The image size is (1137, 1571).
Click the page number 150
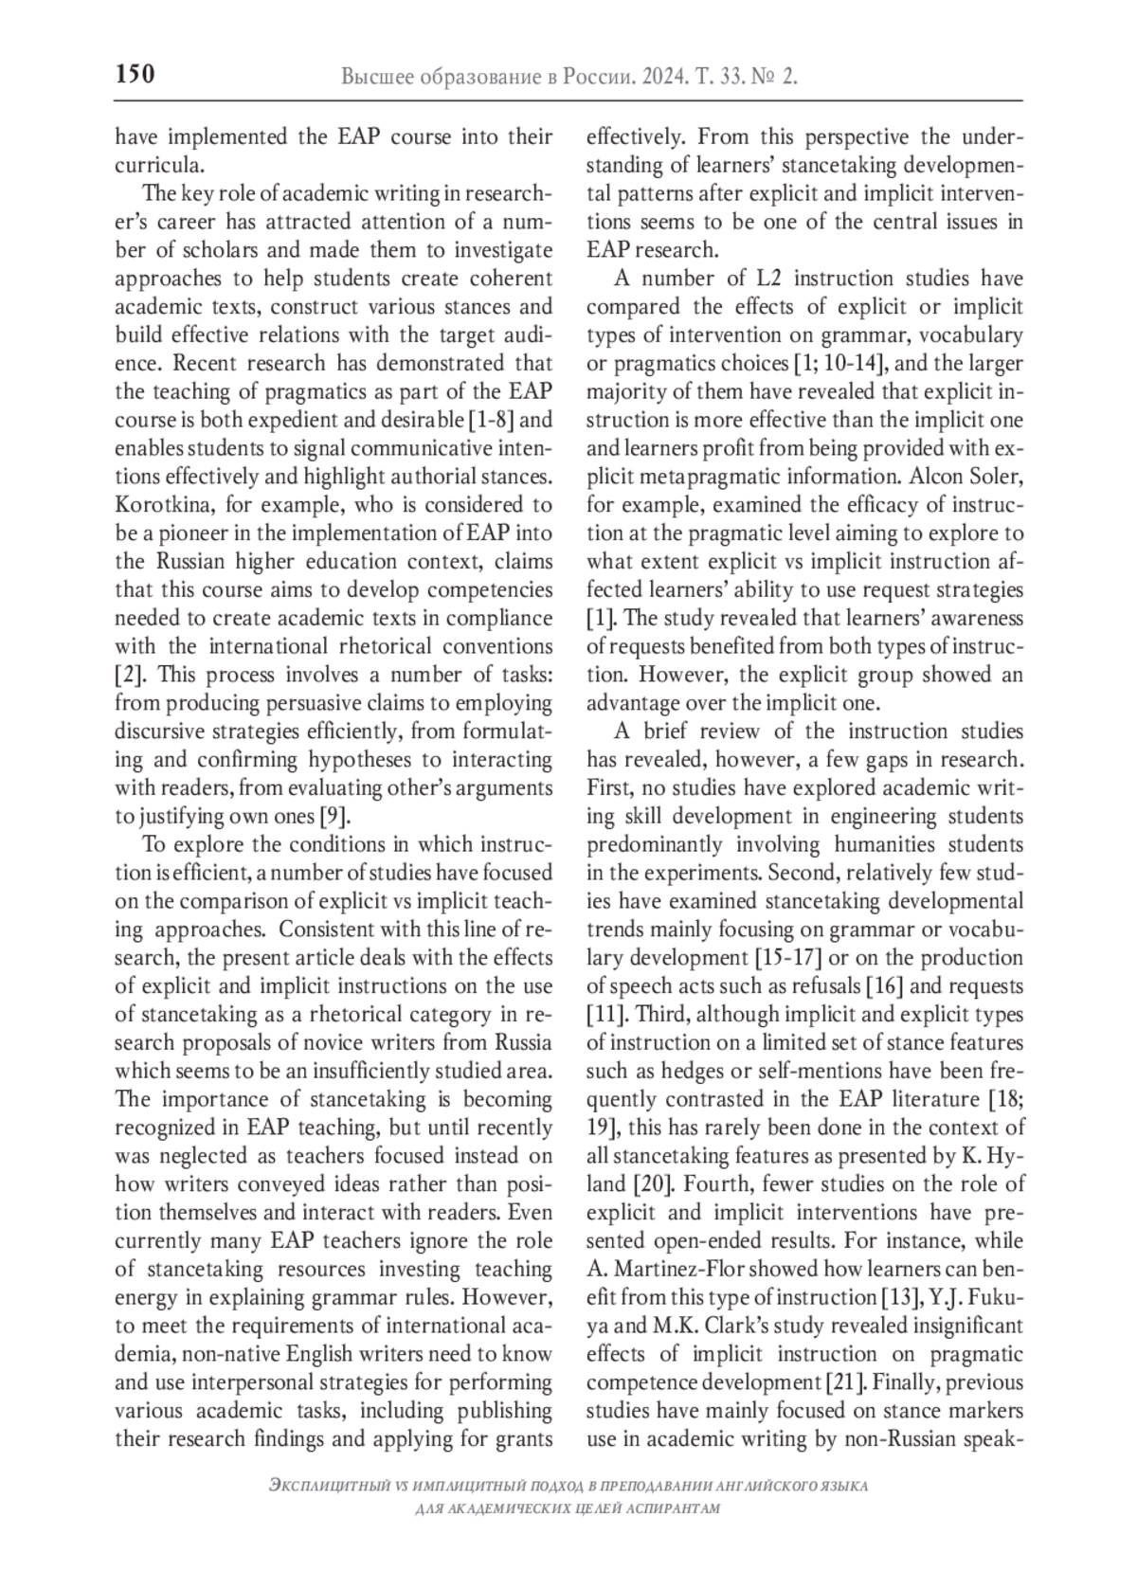tap(135, 75)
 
